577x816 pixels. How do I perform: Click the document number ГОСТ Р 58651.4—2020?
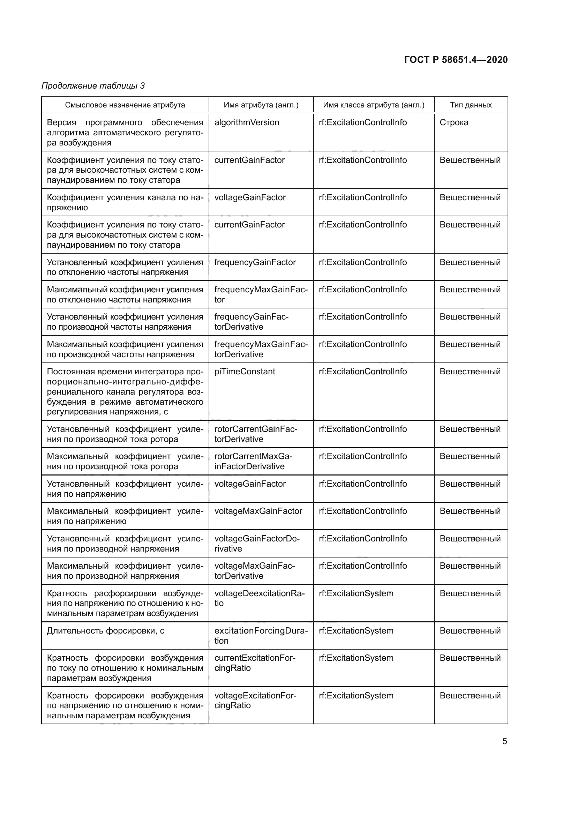(x=456, y=60)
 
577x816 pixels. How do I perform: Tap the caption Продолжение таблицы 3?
(x=93, y=86)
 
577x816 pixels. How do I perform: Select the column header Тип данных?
(x=470, y=105)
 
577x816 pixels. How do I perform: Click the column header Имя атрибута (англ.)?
(x=261, y=105)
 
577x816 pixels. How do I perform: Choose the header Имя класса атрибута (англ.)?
(x=373, y=105)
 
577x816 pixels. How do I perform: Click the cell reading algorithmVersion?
(x=247, y=122)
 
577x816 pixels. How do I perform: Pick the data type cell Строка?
(x=454, y=122)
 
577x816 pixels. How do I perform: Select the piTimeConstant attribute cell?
(x=245, y=372)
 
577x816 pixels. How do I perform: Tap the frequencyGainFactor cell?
(x=255, y=262)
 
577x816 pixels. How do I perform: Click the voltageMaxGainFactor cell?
(x=258, y=511)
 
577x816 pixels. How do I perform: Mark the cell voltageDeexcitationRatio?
(x=259, y=598)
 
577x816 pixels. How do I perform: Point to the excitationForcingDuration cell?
(x=261, y=635)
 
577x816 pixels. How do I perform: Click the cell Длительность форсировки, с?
(x=105, y=631)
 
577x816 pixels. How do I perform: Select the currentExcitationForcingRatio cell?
(x=254, y=663)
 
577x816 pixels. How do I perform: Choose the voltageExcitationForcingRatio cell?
(x=255, y=701)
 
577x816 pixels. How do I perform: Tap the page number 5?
(x=504, y=741)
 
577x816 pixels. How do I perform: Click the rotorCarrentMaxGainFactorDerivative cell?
(x=253, y=461)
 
